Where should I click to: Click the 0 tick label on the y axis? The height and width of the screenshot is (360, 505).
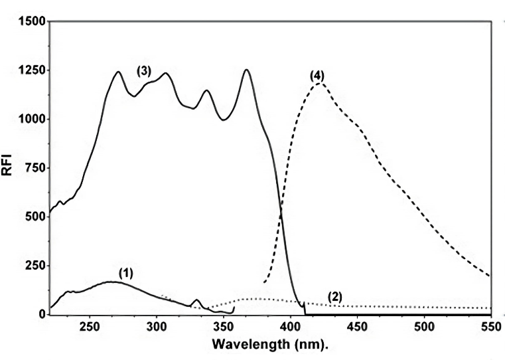coord(42,314)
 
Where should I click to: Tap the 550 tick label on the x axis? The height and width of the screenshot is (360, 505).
coord(490,327)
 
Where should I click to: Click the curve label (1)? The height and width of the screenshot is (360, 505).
coord(127,272)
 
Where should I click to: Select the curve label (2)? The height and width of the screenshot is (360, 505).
coord(335,297)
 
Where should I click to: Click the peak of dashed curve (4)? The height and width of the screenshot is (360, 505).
coord(319,83)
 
